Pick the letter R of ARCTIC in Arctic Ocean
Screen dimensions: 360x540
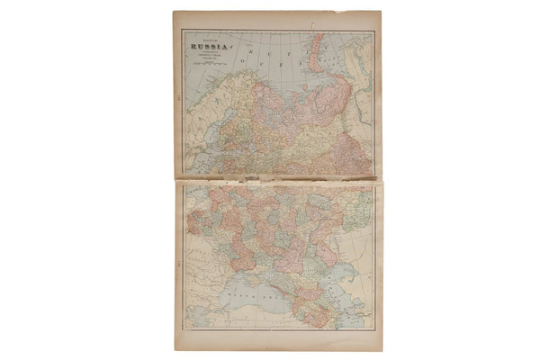pos(236,56)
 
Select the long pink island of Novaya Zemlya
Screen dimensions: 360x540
pos(318,54)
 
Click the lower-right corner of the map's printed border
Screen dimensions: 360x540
pos(374,330)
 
